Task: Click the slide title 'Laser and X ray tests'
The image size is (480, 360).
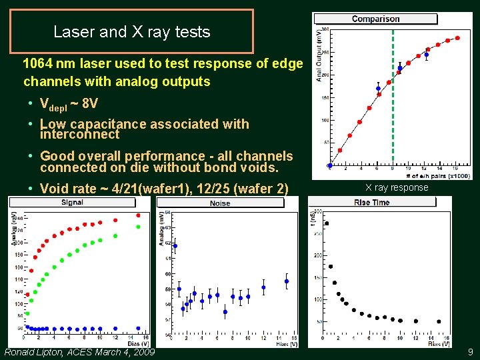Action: click(131, 31)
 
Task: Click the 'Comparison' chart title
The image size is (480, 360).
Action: click(375, 19)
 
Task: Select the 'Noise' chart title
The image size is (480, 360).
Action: click(220, 203)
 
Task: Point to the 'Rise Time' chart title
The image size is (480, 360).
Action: click(372, 202)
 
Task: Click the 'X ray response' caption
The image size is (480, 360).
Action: click(397, 187)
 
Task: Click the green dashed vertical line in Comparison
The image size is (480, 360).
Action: click(393, 100)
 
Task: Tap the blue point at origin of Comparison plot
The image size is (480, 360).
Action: click(330, 165)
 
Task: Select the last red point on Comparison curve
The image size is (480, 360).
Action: click(458, 39)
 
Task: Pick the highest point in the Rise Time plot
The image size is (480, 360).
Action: click(326, 223)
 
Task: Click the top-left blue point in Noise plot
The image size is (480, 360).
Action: click(175, 245)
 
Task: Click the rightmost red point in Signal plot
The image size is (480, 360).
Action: click(139, 215)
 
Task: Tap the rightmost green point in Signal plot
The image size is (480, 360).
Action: click(139, 227)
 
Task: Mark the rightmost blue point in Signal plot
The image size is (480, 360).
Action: click(139, 328)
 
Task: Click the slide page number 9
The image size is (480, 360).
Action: click(471, 351)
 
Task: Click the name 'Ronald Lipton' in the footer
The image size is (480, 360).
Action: click(33, 351)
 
